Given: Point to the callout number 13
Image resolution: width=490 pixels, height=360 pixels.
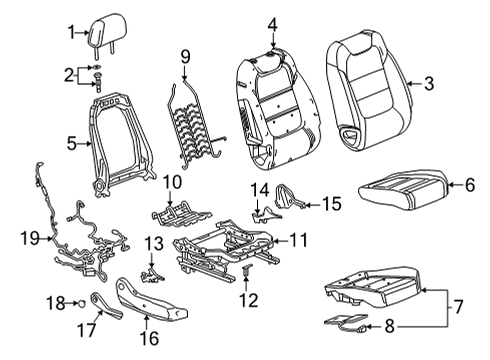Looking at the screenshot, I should point(153,245).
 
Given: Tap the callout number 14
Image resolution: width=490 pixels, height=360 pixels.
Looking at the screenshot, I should point(260,190).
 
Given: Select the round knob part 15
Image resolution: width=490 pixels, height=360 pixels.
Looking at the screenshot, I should point(290,201).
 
